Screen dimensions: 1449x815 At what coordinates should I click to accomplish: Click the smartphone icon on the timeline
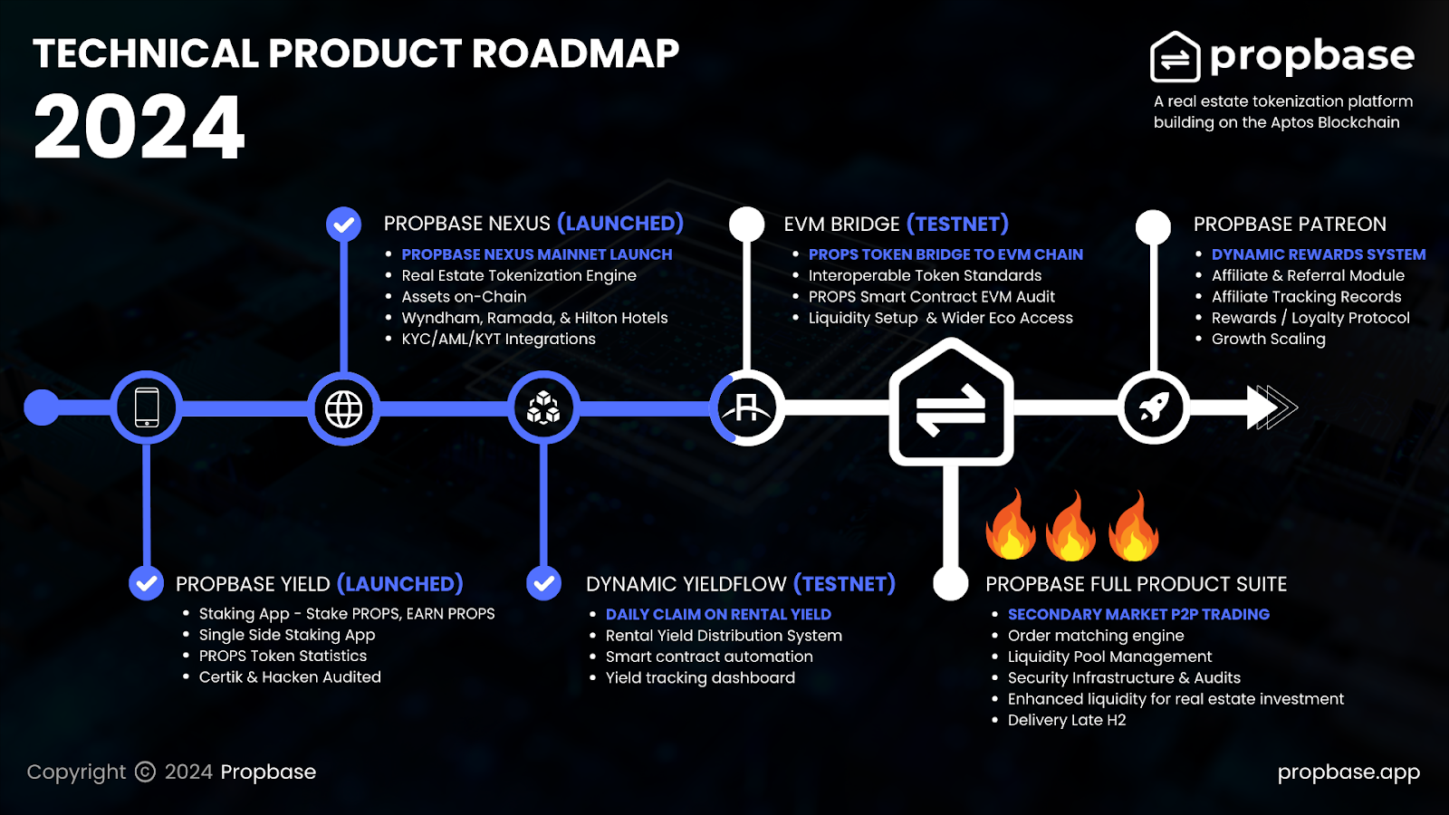click(x=147, y=407)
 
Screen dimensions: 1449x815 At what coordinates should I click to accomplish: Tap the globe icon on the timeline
click(x=343, y=408)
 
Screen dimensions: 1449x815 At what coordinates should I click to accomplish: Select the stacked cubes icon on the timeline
click(x=543, y=407)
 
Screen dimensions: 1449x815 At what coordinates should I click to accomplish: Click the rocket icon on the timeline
click(x=1154, y=407)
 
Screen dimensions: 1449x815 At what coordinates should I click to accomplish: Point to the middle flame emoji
click(x=1071, y=525)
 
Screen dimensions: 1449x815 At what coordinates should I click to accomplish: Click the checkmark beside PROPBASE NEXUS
click(x=343, y=225)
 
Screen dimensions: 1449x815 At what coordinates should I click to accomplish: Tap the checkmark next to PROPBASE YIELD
click(x=146, y=583)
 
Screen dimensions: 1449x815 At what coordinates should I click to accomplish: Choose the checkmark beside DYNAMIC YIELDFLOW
click(x=543, y=583)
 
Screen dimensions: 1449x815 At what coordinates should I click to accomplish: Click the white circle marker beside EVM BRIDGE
click(x=747, y=225)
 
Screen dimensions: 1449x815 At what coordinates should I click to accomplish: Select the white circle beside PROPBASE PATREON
click(x=1154, y=227)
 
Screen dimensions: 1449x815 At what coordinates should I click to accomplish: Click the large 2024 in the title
click(x=139, y=126)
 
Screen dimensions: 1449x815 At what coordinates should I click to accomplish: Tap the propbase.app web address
click(x=1348, y=772)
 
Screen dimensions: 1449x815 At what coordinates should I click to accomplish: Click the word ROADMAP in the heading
click(x=575, y=53)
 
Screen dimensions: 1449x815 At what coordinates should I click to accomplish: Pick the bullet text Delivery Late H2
click(x=1067, y=720)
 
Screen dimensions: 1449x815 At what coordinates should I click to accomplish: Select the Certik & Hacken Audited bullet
click(x=290, y=677)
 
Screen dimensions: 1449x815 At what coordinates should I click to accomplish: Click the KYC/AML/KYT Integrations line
click(x=498, y=339)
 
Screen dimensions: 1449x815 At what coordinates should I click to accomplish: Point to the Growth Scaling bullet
click(x=1268, y=339)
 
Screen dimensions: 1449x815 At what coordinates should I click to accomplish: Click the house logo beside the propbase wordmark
click(x=1175, y=57)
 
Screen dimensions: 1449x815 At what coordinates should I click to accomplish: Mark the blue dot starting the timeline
click(x=42, y=407)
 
